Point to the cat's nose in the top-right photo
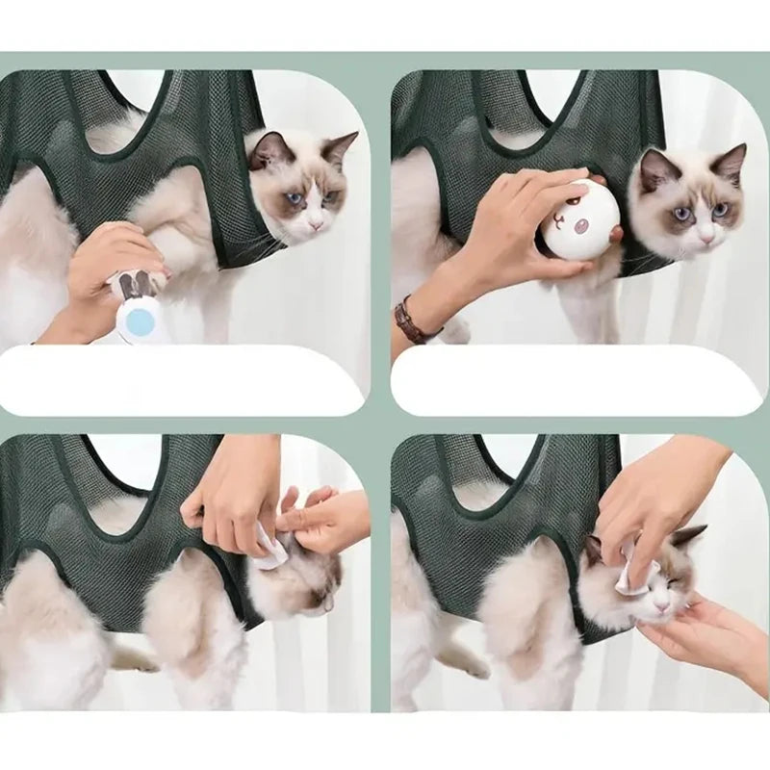click(x=706, y=235)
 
